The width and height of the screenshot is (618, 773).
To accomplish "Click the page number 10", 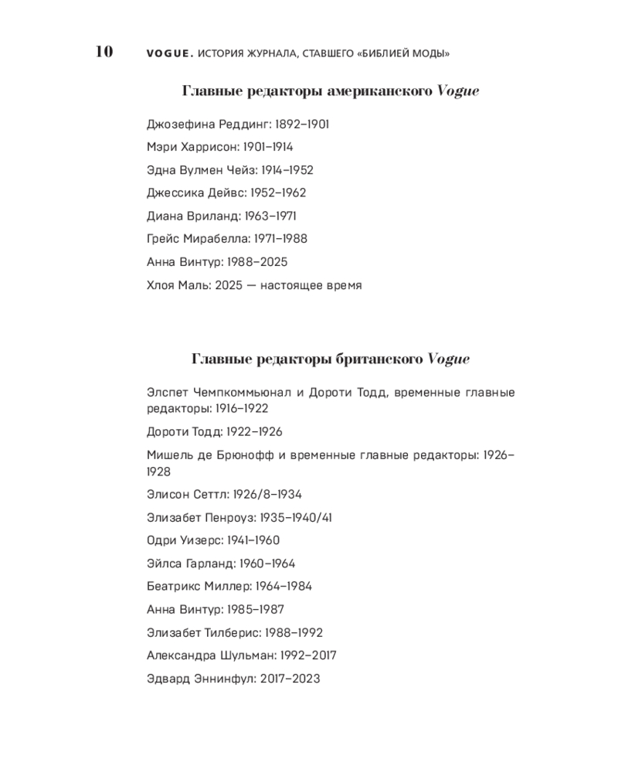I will (104, 52).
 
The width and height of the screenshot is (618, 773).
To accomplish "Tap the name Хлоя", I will (161, 285).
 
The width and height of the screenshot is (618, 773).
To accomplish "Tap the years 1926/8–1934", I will (259, 495).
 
